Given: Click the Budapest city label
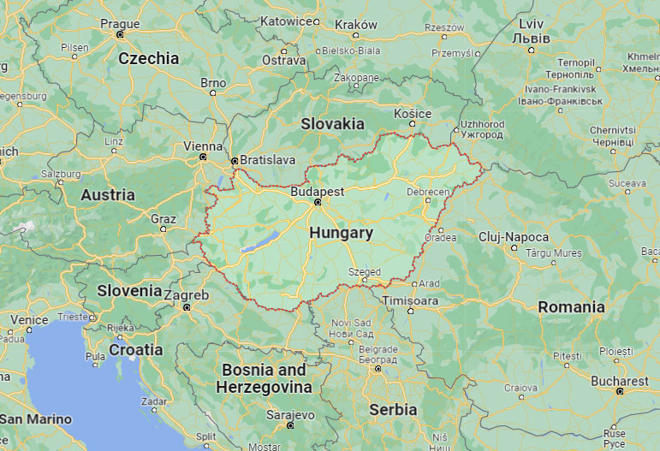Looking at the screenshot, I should [x=317, y=192].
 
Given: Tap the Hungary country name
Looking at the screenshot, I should [x=341, y=233].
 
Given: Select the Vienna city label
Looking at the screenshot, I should [x=203, y=146].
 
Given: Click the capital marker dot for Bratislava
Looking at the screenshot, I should [x=234, y=160].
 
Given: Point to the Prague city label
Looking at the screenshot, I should [x=120, y=24].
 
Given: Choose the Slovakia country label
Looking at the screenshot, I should [x=332, y=124].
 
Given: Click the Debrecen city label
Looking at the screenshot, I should [x=428, y=192].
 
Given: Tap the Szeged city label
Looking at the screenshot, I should [x=365, y=272].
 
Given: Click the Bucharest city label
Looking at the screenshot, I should [x=620, y=381].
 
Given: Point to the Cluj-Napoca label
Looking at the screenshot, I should [x=514, y=236].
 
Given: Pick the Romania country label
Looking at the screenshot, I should [x=571, y=307].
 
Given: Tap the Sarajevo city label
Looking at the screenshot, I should [x=291, y=415].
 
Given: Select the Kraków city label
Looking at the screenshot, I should [x=356, y=24].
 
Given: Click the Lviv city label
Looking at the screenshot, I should [x=531, y=24].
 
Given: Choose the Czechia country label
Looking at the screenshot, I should [x=149, y=58].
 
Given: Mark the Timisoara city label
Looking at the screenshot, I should [x=411, y=300].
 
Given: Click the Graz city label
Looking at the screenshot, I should [x=164, y=219].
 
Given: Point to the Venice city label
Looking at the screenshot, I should [x=29, y=319].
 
